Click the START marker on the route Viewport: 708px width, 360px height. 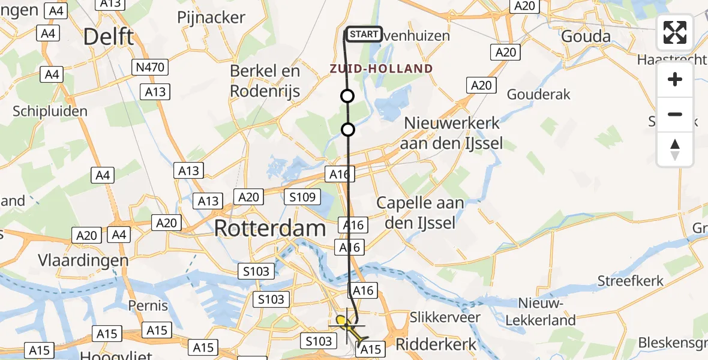point(364,34)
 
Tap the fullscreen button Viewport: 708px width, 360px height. point(675,32)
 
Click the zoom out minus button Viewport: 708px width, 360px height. point(675,114)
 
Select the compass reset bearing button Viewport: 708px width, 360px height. point(675,149)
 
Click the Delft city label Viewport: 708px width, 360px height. point(108,37)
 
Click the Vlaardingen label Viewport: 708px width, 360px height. point(83,260)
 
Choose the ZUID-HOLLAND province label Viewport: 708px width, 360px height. point(381,68)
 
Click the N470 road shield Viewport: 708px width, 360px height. point(150,67)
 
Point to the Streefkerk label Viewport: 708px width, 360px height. point(630,281)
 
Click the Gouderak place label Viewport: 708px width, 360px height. point(538,94)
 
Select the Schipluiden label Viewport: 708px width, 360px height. point(50,111)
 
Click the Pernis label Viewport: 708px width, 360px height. point(148,306)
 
